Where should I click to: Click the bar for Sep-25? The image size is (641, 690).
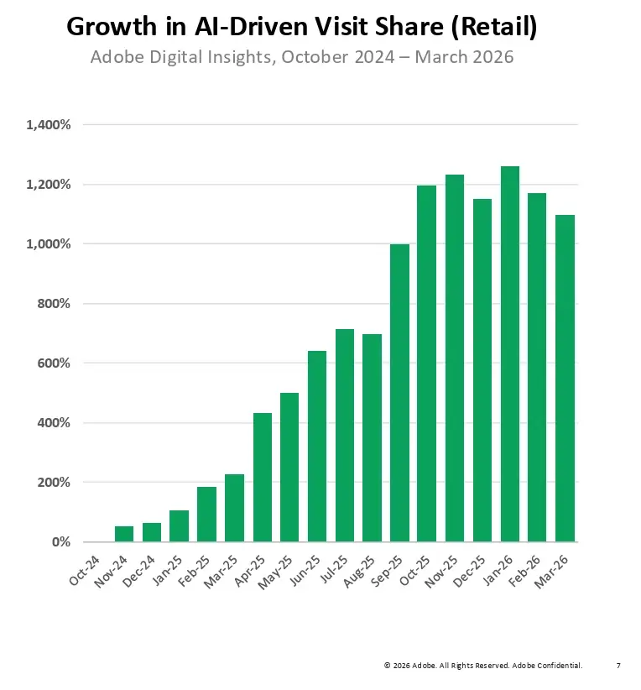click(x=399, y=393)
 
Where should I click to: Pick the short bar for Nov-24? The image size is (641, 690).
click(x=123, y=534)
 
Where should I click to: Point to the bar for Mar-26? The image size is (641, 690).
click(x=565, y=378)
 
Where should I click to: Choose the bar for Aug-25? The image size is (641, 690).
click(x=372, y=437)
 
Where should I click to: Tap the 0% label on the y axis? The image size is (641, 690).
click(x=61, y=542)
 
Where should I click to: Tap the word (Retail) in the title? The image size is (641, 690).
click(x=493, y=27)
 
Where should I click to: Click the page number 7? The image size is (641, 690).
click(x=618, y=666)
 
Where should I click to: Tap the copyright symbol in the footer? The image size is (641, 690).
click(x=388, y=666)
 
